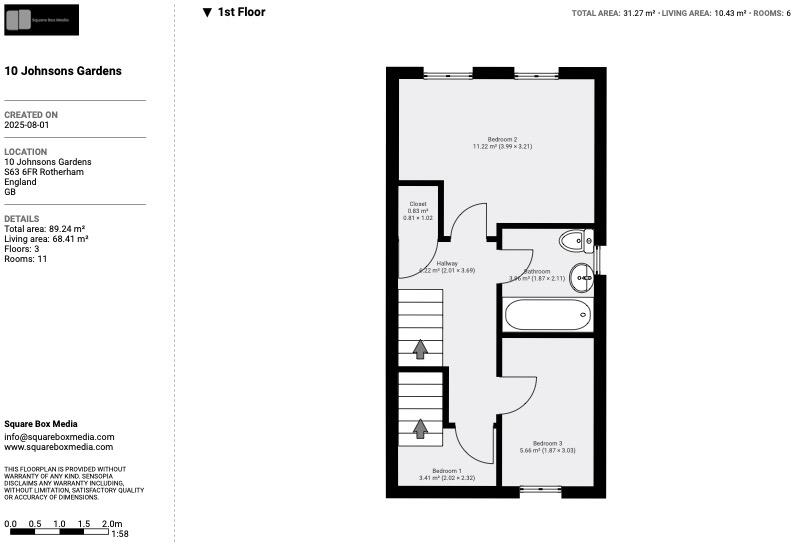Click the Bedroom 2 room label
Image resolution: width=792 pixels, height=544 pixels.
(502, 139)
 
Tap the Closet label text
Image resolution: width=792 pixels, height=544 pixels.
(418, 204)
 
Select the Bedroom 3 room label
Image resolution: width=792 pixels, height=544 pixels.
(547, 443)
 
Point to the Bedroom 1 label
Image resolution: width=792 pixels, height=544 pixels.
(447, 470)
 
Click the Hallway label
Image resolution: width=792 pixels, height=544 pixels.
(447, 264)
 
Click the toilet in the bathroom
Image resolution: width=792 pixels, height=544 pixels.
(574, 240)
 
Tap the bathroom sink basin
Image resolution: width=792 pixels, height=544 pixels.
(581, 281)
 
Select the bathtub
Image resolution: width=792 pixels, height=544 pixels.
(547, 316)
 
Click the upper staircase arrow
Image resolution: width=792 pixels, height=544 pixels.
(420, 349)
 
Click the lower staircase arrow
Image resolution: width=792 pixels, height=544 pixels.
(420, 427)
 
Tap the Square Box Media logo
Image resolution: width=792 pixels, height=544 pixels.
(41, 19)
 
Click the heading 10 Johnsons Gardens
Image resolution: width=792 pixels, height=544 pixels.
(63, 71)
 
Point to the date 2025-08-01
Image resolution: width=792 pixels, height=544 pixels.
(27, 126)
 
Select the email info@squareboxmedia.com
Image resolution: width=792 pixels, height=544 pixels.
(59, 437)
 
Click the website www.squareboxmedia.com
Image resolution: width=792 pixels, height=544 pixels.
(59, 447)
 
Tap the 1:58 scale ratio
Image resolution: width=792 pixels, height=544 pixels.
(120, 534)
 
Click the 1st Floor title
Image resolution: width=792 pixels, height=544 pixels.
(242, 12)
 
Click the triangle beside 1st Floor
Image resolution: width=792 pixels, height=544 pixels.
(207, 13)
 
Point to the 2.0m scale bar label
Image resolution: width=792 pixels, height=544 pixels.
(112, 524)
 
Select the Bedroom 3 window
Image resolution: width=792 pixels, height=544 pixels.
(541, 490)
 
